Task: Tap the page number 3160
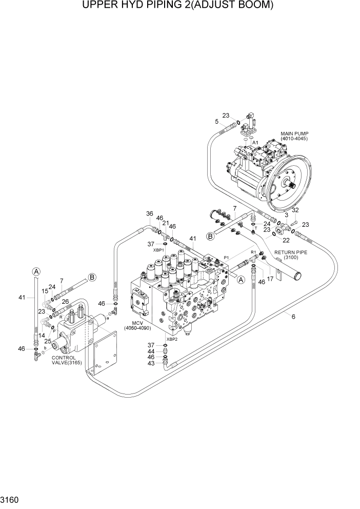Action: coord(12,498)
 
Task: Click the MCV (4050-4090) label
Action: coord(136,324)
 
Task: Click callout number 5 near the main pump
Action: coord(217,122)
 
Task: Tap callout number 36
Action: coord(149,214)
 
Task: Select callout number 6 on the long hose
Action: coord(293,317)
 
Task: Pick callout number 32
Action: coord(295,210)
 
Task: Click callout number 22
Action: coord(286,240)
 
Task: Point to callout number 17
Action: coord(270,279)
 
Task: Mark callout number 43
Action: coord(150,364)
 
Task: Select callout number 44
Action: coord(150,351)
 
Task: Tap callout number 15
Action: coord(45,291)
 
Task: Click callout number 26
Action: coord(65,301)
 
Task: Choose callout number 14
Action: coord(42,335)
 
